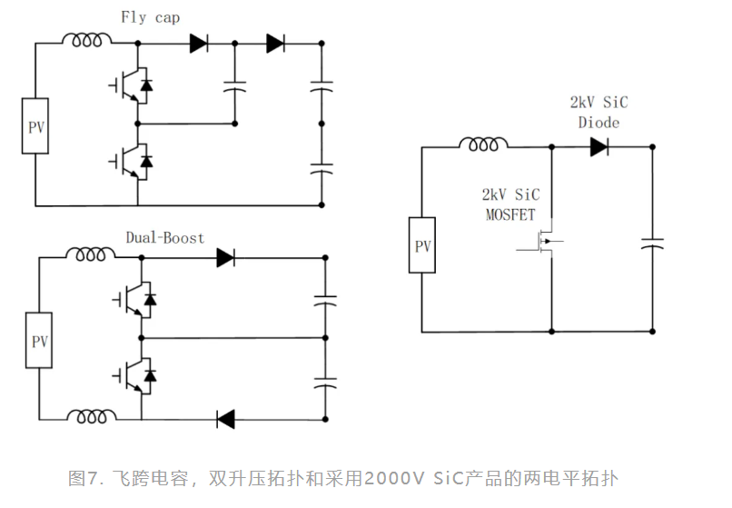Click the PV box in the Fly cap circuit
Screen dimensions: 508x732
[35, 126]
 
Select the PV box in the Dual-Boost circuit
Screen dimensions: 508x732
[39, 342]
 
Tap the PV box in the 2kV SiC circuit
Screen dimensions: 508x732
[423, 245]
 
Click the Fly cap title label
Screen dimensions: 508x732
[150, 17]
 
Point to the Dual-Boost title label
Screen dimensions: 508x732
[165, 238]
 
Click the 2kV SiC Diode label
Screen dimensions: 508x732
[598, 112]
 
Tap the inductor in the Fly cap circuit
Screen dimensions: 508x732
[87, 40]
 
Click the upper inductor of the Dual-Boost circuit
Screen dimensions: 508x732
[91, 255]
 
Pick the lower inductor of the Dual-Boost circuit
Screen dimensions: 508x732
[91, 417]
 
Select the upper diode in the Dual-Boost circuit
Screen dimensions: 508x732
[225, 258]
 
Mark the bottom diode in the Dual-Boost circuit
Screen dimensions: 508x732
[225, 419]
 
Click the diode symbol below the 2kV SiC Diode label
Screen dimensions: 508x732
[598, 146]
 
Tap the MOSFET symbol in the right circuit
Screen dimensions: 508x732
[542, 242]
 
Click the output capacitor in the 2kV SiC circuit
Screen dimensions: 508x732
[652, 244]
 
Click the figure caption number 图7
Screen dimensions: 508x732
[87, 478]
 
